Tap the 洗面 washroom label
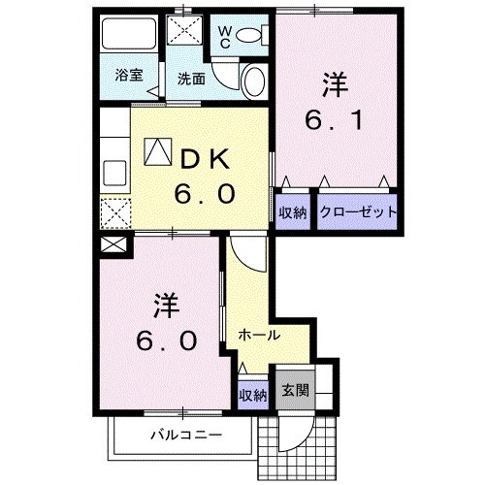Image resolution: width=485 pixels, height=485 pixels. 191,79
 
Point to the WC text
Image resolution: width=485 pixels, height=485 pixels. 223,38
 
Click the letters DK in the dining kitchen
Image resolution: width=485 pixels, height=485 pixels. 203,157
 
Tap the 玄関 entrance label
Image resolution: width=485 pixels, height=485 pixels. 295,393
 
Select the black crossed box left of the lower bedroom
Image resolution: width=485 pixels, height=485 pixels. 113,244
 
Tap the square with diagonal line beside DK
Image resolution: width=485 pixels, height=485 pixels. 156,151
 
